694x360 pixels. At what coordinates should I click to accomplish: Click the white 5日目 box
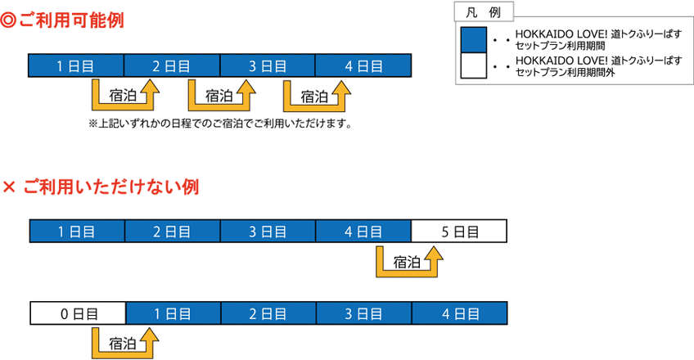click(x=459, y=231)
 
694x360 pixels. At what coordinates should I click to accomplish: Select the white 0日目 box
click(x=78, y=313)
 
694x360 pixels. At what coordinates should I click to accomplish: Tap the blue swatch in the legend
click(x=474, y=39)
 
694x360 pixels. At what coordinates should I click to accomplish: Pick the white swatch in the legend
click(x=474, y=66)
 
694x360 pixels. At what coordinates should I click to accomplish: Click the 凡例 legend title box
click(x=483, y=11)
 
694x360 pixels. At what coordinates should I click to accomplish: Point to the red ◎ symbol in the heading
click(x=9, y=20)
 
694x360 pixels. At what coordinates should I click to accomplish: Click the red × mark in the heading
click(x=9, y=187)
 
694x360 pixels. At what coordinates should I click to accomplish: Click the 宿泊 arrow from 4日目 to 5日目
click(x=408, y=262)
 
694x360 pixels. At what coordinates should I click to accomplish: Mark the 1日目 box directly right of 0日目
click(x=173, y=313)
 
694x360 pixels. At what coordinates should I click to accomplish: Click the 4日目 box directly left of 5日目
click(x=363, y=231)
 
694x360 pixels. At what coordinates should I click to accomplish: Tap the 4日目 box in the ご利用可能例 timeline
click(x=363, y=65)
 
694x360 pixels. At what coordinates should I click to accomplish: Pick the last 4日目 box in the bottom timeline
click(x=459, y=313)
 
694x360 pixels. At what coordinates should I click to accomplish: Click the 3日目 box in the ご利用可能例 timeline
click(x=268, y=65)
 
